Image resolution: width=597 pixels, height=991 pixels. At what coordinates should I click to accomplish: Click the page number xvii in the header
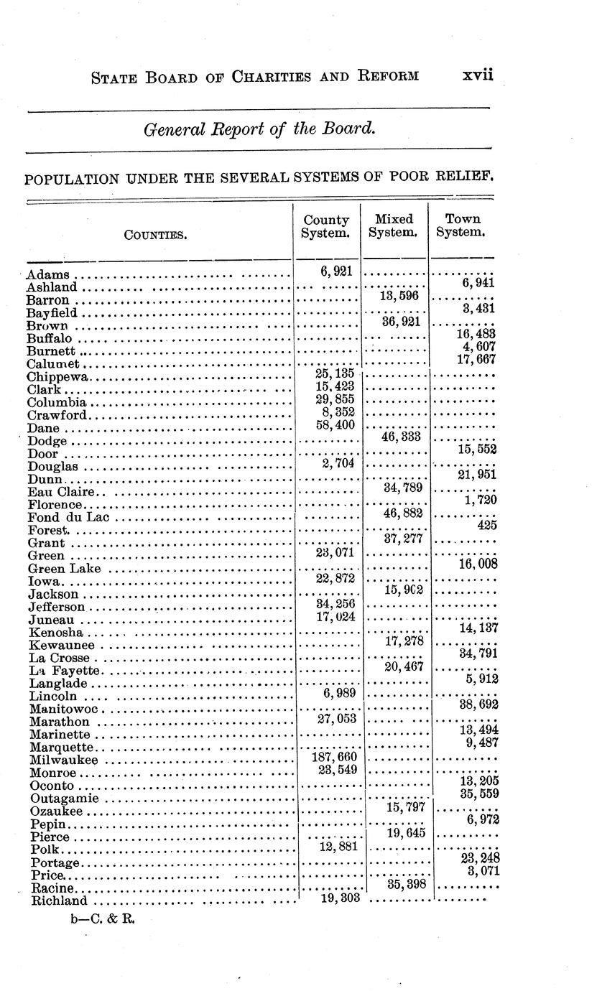478,75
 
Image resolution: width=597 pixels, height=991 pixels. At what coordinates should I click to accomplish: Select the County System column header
325,226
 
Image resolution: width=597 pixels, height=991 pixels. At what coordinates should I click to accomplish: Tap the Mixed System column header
394,225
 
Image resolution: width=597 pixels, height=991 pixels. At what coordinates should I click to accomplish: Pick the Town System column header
462,225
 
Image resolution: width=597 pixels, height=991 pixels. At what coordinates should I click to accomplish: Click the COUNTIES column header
156,233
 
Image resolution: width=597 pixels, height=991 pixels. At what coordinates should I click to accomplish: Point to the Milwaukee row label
64,760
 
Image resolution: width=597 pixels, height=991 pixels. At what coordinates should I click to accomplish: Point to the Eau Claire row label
62,492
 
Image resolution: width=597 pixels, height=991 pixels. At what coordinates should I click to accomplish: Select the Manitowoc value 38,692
477,704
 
